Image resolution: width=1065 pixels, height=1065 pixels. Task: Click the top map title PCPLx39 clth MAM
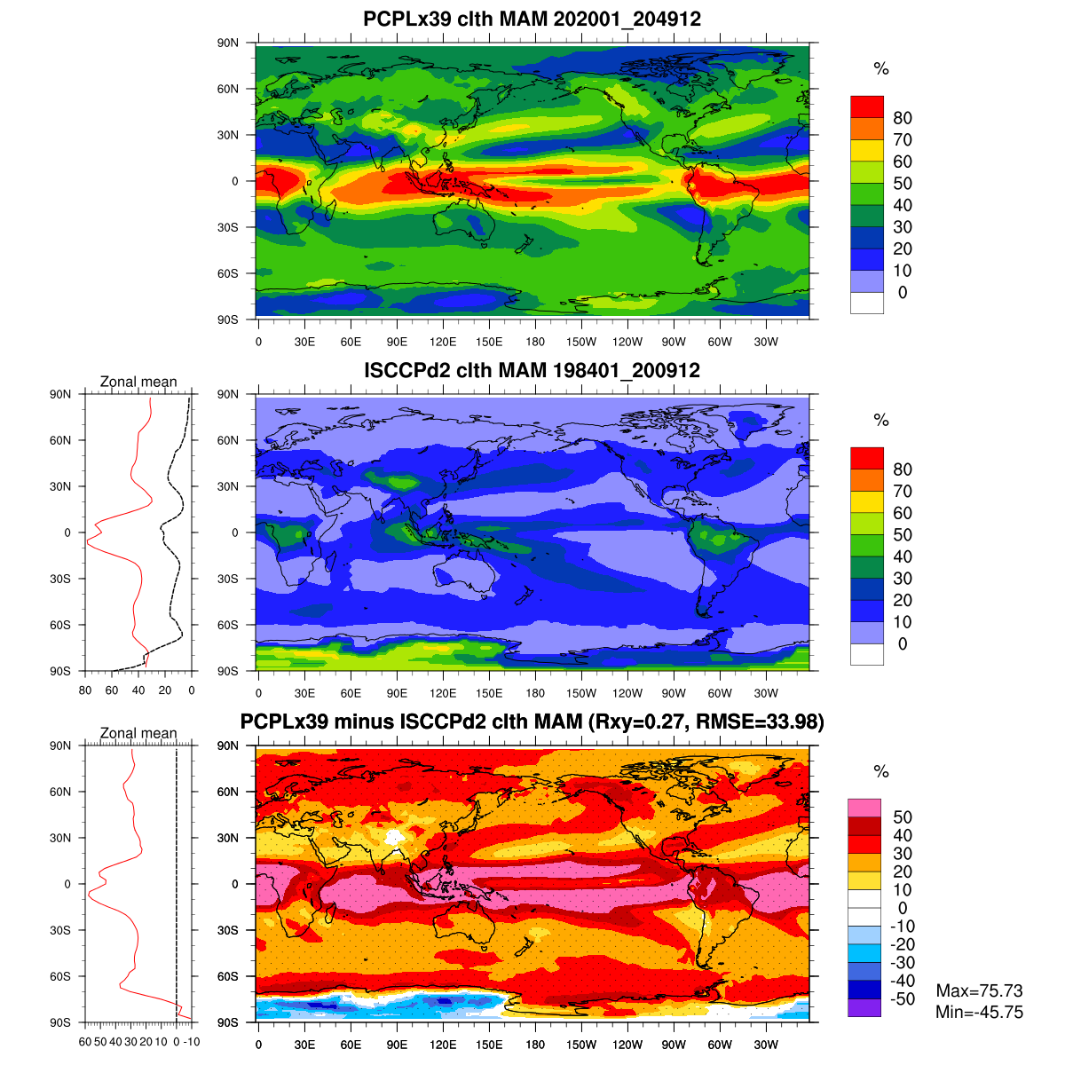(x=532, y=19)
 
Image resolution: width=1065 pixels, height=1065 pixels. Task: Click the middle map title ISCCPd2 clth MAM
(x=532, y=370)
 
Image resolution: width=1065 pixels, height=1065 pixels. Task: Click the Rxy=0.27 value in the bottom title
(x=637, y=722)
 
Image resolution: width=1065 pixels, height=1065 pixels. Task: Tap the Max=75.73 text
(x=979, y=990)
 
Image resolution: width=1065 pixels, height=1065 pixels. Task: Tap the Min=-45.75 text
(x=979, y=1012)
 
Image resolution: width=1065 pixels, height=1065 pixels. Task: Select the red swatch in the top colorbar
(x=867, y=106)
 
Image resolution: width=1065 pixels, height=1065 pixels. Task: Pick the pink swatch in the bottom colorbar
(x=864, y=808)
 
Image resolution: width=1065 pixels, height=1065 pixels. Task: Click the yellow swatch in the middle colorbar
(x=867, y=501)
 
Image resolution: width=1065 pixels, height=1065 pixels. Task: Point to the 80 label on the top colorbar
(x=903, y=118)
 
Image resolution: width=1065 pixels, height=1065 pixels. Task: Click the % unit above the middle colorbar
(x=880, y=420)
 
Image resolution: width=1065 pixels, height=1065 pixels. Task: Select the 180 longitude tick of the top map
(x=535, y=343)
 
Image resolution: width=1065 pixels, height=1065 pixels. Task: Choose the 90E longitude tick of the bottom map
(x=397, y=1045)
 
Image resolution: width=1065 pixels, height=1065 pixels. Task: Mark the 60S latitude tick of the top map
(x=228, y=273)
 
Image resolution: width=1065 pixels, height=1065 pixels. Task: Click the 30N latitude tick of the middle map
(x=228, y=486)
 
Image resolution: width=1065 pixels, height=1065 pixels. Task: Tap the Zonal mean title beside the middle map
(x=138, y=382)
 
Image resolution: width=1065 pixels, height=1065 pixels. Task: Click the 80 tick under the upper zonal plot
(x=85, y=690)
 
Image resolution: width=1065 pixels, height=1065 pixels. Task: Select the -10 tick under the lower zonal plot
(x=191, y=1042)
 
